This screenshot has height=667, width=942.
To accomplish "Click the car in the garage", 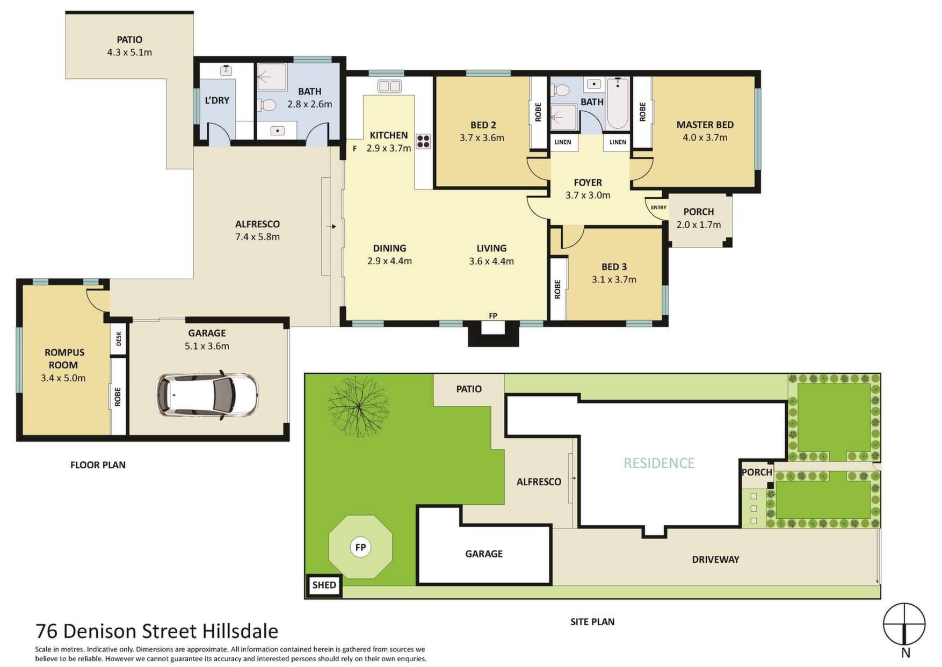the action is (x=207, y=395).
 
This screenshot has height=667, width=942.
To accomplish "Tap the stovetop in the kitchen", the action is (x=423, y=141).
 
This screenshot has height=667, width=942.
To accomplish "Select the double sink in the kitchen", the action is (x=389, y=86).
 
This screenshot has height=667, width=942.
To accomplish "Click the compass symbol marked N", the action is (x=904, y=624).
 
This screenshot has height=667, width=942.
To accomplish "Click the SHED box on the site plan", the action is (x=324, y=585).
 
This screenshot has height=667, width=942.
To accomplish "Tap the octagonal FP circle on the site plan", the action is (x=360, y=547).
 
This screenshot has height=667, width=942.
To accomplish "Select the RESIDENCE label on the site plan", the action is (x=659, y=463).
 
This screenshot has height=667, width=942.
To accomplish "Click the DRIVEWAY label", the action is (x=715, y=560).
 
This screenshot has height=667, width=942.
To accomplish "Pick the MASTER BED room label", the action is (x=705, y=125).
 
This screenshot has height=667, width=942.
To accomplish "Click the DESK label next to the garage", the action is (x=119, y=339).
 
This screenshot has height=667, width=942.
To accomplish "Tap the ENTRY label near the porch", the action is (x=658, y=207).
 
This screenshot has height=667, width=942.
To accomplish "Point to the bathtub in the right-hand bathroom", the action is (x=618, y=103).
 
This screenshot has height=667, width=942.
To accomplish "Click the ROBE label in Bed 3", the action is (x=557, y=289).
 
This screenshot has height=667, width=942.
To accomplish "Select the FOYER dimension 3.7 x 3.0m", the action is (x=588, y=195).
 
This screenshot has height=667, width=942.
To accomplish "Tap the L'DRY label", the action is (x=217, y=100).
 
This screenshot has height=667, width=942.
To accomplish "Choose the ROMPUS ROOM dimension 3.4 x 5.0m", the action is (x=63, y=378).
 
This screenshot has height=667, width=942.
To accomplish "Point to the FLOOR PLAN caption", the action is (x=98, y=465).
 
